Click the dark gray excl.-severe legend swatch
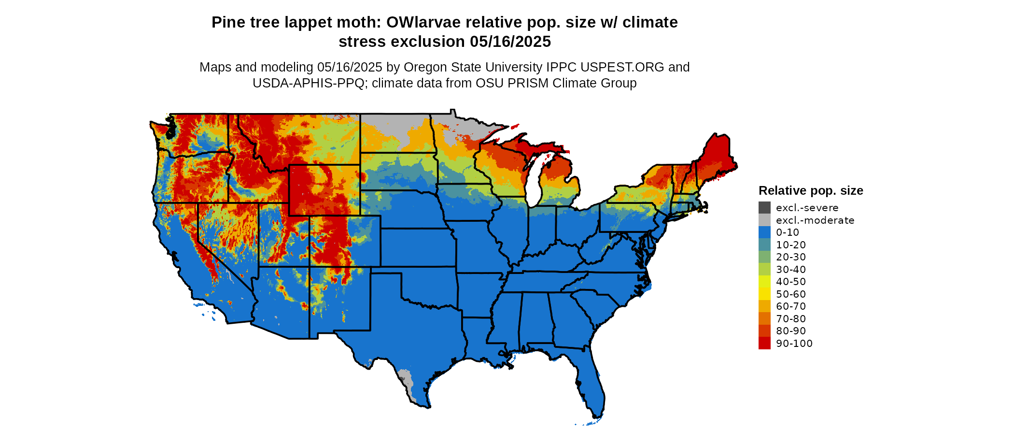tap(764, 208)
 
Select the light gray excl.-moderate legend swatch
tap(764, 220)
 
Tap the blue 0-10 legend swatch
tap(764, 232)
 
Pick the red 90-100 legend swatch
tap(764, 344)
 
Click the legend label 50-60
tap(791, 294)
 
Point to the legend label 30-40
tap(791, 270)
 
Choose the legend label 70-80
tap(791, 319)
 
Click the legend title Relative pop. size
tap(811, 191)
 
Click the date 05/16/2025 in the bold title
tap(510, 42)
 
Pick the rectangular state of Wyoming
tap(324, 190)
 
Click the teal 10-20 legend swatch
tap(764, 245)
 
